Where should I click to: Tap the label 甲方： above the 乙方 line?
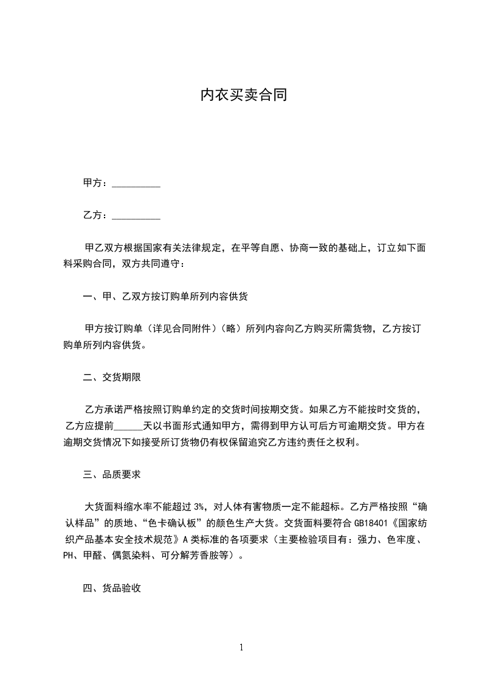95,183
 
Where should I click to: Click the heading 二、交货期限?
112,377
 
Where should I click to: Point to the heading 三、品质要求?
112,474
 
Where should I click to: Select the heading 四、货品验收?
112,588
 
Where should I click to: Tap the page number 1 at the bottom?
241,648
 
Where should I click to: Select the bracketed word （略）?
232,329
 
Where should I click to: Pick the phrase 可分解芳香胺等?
198,555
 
